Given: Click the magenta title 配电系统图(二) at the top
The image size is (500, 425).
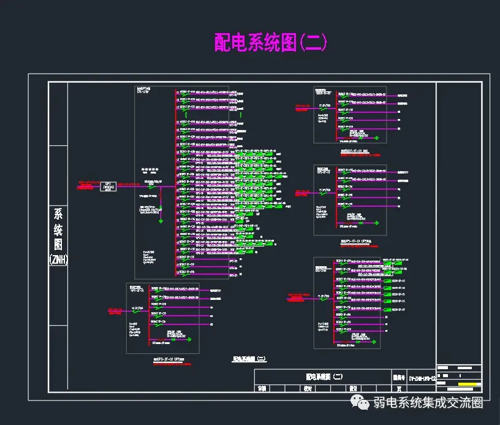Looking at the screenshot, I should [x=270, y=42].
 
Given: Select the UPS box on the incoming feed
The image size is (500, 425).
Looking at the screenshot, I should [x=108, y=186].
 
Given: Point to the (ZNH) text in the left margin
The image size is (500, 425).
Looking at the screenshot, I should [x=58, y=259].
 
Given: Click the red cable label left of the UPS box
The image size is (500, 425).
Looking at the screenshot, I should [x=89, y=183].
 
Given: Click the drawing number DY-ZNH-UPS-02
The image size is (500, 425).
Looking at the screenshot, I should [x=422, y=378].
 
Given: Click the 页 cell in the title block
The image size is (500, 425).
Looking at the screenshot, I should [x=400, y=388].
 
